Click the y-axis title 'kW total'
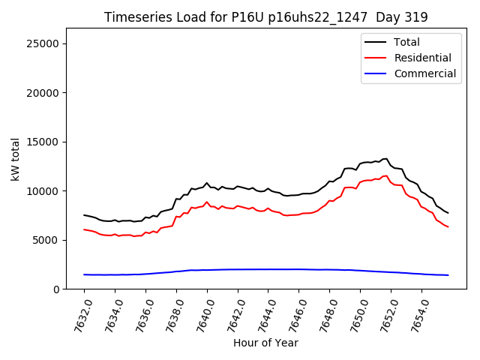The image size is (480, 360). tap(15, 158)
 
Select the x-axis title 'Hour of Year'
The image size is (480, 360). tap(265, 343)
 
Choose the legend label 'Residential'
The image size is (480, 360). tap(423, 58)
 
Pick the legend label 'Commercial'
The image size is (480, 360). tap(425, 73)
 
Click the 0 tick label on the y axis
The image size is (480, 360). tap(56, 289)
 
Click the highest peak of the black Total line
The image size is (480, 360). tap(386, 158)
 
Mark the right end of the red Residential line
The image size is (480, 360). tap(448, 226)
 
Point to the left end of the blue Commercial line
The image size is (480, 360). tap(84, 274)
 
